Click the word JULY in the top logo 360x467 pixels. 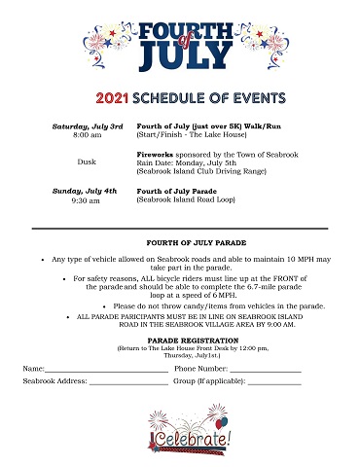[180, 56]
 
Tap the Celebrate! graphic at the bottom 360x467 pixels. [180, 433]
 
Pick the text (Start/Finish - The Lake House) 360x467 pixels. [188, 137]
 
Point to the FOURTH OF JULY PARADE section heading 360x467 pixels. [179, 241]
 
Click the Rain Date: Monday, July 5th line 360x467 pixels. [187, 163]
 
